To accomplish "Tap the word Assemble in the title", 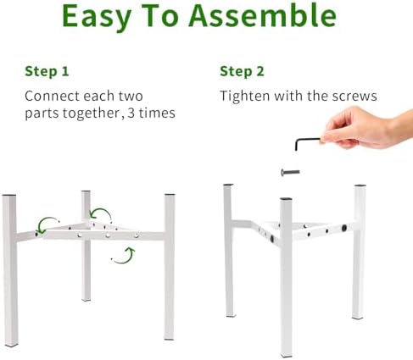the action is point(263,15).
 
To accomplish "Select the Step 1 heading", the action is point(47,71).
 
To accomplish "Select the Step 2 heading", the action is point(242,71).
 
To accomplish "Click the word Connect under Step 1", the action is point(53,96).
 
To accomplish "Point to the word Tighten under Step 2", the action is point(245,96).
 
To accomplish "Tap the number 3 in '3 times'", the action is point(131,113).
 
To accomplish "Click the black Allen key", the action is point(308,143).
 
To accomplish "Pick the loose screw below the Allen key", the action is point(290,172).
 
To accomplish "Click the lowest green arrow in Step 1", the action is point(124,256).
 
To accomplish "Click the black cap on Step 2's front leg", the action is point(286,199).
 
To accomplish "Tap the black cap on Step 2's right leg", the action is point(360,186).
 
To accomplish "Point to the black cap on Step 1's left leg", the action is point(9,196).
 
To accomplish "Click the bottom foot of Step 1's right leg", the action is point(169,338).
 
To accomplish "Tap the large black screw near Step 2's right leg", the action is point(344,228).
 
